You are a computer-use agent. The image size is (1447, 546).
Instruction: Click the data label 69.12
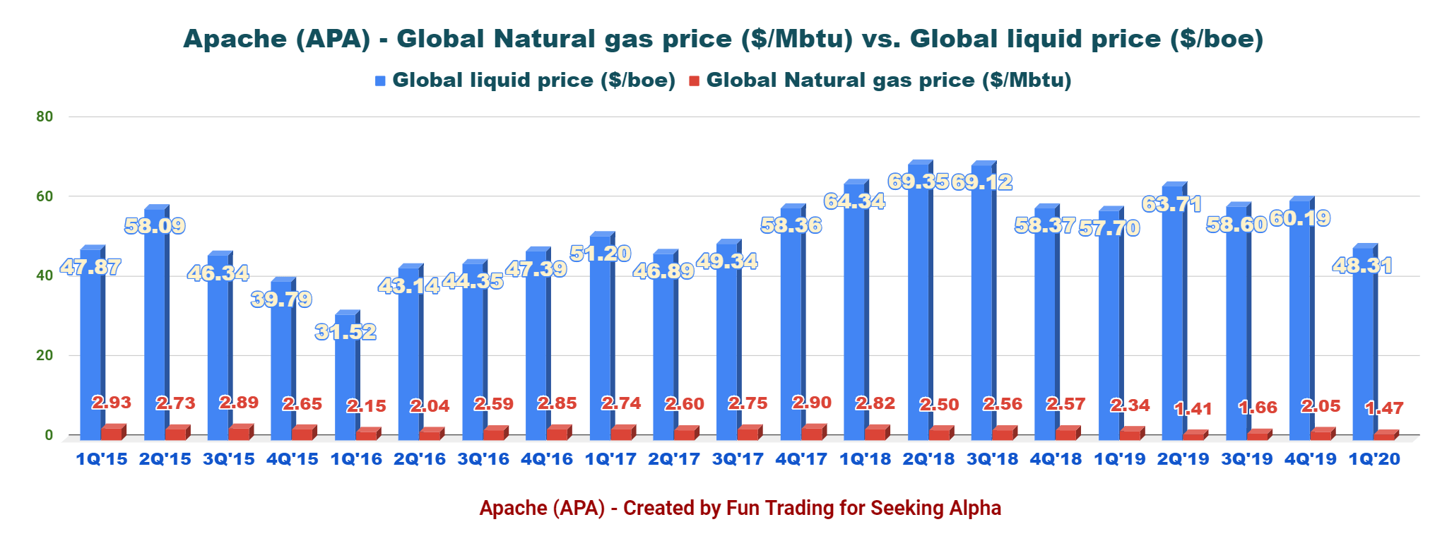[981, 182]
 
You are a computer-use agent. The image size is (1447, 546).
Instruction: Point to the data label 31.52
[345, 331]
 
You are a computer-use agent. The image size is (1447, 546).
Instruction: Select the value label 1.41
[1193, 408]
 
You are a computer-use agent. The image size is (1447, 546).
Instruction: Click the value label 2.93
[112, 403]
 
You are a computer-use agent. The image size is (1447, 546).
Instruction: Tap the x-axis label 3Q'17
[738, 459]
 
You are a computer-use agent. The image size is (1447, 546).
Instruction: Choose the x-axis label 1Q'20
[1374, 459]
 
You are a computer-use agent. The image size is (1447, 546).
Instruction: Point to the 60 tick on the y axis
[45, 196]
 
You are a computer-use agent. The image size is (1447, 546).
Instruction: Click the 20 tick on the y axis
[45, 355]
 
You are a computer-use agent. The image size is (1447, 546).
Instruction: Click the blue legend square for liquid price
[380, 81]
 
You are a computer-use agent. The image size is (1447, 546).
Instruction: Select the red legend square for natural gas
[694, 81]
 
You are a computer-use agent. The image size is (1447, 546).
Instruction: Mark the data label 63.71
[1171, 205]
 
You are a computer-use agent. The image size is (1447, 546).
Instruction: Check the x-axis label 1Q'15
[102, 459]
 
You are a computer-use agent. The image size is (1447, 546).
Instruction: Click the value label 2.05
[1321, 406]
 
